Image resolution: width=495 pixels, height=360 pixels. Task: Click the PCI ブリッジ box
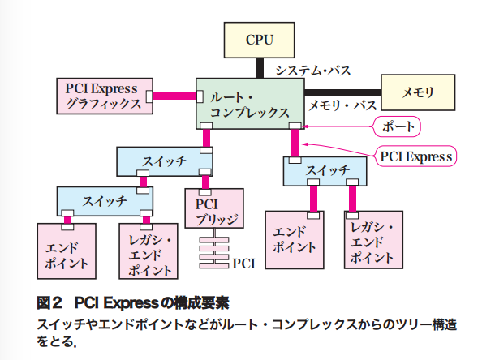pos(213,210)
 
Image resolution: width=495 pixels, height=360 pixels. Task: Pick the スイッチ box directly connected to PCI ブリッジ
pos(164,161)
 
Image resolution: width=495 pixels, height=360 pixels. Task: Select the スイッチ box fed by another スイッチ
pos(103,199)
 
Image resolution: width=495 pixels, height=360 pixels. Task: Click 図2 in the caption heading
pos(50,304)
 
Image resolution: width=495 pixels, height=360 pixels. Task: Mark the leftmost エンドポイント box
pos(67,248)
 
